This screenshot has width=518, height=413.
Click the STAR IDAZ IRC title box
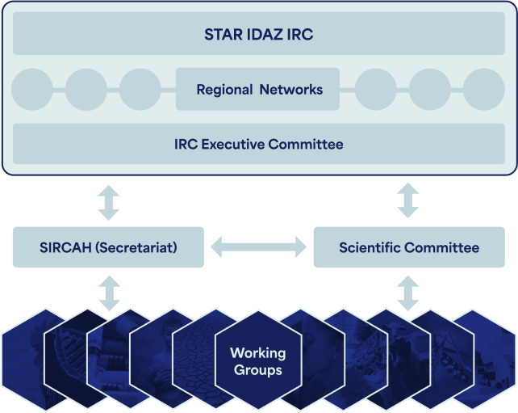pyautogui.click(x=259, y=33)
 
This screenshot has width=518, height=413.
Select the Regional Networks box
pyautogui.click(x=257, y=89)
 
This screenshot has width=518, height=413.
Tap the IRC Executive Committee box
pyautogui.click(x=259, y=144)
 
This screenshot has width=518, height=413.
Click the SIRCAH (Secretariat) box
pyautogui.click(x=108, y=247)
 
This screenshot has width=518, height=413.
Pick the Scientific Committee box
pyautogui.click(x=409, y=247)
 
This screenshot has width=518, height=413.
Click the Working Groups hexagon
pyautogui.click(x=258, y=360)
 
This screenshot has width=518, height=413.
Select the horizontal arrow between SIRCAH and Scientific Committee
pyautogui.click(x=259, y=247)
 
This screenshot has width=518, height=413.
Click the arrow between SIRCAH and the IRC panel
pyautogui.click(x=109, y=203)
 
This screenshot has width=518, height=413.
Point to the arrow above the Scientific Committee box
pyautogui.click(x=408, y=200)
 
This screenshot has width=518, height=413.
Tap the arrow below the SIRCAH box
pyautogui.click(x=110, y=293)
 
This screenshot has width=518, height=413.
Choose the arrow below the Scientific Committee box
pyautogui.click(x=408, y=293)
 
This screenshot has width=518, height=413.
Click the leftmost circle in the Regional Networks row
pyautogui.click(x=32, y=90)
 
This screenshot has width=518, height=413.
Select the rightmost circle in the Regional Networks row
pyautogui.click(x=484, y=90)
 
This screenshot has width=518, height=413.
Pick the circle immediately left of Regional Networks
pyautogui.click(x=140, y=90)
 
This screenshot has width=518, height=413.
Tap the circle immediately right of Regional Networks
pyautogui.click(x=376, y=90)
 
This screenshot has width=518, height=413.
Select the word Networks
pyautogui.click(x=291, y=90)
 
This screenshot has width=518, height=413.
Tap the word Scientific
pyautogui.click(x=370, y=247)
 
